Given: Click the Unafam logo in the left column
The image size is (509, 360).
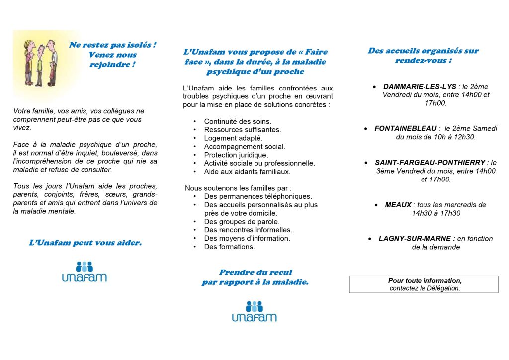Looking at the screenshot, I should pyautogui.click(x=84, y=271).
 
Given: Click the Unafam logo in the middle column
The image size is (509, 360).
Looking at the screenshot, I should pyautogui.click(x=254, y=311).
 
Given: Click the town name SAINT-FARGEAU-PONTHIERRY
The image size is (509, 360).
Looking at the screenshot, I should pyautogui.click(x=430, y=163).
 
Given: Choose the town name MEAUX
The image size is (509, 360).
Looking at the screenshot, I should pyautogui.click(x=398, y=205).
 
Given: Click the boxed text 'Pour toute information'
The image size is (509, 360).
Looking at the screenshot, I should pyautogui.click(x=424, y=281).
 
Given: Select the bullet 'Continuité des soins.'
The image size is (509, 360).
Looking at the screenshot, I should pyautogui.click(x=238, y=121).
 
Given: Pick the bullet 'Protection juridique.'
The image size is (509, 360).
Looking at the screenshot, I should pyautogui.click(x=236, y=155).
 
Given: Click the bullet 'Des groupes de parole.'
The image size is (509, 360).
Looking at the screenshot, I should pyautogui.click(x=242, y=222).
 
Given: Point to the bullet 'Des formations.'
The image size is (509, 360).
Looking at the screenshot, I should pyautogui.click(x=229, y=247).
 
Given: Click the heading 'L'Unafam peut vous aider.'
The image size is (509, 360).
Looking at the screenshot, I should pyautogui.click(x=85, y=243).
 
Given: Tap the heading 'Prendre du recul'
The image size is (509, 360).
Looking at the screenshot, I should pyautogui.click(x=255, y=272).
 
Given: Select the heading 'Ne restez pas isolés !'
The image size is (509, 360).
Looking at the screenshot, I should pyautogui.click(x=112, y=45).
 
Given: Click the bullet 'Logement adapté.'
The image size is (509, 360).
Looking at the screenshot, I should pyautogui.click(x=233, y=138).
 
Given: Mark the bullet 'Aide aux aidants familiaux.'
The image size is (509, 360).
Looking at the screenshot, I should pyautogui.click(x=247, y=172).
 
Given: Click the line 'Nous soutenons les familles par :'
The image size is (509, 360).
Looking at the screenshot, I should pyautogui.click(x=238, y=188).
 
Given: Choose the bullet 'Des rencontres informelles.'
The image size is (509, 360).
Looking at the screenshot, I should pyautogui.click(x=248, y=230).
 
